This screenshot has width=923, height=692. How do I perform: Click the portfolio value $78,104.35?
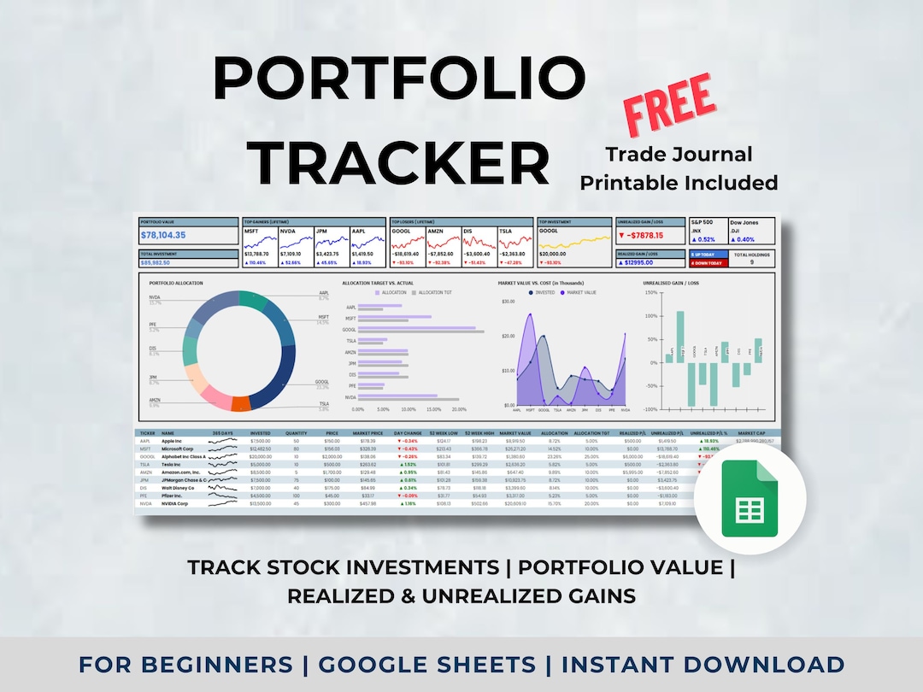(x=170, y=235)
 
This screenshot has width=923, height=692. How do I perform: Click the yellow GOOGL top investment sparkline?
(x=571, y=241)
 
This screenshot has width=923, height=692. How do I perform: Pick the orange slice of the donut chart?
(x=240, y=404)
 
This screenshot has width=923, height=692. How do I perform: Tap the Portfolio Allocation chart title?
(x=176, y=283)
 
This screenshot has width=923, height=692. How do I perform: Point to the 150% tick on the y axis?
(x=650, y=293)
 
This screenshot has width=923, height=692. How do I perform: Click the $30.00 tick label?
(x=508, y=302)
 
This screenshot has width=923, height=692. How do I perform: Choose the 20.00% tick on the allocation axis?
(x=459, y=409)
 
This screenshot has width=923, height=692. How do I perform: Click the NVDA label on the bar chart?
(x=350, y=397)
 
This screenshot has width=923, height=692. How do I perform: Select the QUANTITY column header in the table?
(x=296, y=433)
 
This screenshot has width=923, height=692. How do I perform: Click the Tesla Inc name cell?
(x=173, y=464)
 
